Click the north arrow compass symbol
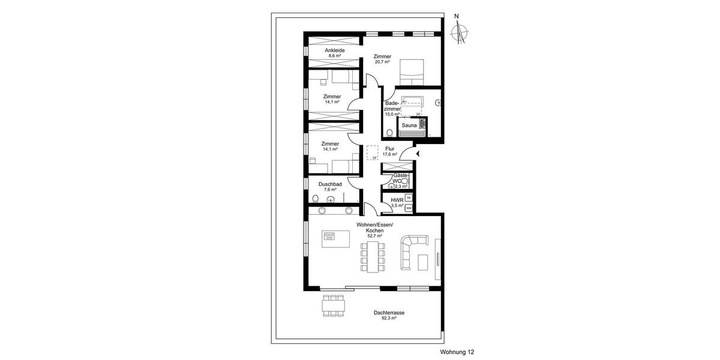click(460, 32)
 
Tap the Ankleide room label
click(335, 50)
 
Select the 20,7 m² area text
click(382, 62)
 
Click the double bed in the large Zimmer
click(412, 71)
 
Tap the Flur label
click(389, 148)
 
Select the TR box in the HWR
click(409, 197)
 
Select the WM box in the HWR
click(409, 208)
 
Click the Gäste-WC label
click(400, 178)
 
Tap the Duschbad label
click(330, 184)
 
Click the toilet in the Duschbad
click(316, 199)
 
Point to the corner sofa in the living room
click(411, 246)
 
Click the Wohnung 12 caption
click(457, 352)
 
